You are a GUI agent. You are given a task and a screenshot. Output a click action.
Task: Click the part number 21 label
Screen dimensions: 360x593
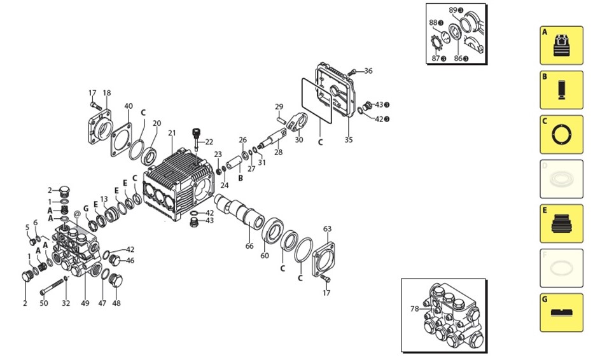(171, 133)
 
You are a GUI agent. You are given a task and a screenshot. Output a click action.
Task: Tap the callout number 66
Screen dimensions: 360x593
(249, 246)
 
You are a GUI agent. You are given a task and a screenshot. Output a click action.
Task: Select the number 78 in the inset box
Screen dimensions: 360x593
(415, 309)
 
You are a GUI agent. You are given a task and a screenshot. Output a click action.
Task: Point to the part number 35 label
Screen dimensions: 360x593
(348, 140)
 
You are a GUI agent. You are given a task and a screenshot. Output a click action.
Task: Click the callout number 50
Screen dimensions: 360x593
(44, 303)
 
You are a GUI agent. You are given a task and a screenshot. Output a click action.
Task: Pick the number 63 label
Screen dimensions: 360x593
(327, 229)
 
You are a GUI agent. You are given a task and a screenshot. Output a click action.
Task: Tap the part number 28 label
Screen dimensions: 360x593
(277, 153)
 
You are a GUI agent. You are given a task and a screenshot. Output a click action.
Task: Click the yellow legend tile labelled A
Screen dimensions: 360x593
(561, 45)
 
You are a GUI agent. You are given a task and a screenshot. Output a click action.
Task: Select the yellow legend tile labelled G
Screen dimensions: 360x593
(561, 312)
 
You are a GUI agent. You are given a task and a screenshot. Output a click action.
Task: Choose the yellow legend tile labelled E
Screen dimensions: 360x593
(561, 223)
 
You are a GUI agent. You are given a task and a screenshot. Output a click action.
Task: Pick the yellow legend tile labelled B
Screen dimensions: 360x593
(561, 90)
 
